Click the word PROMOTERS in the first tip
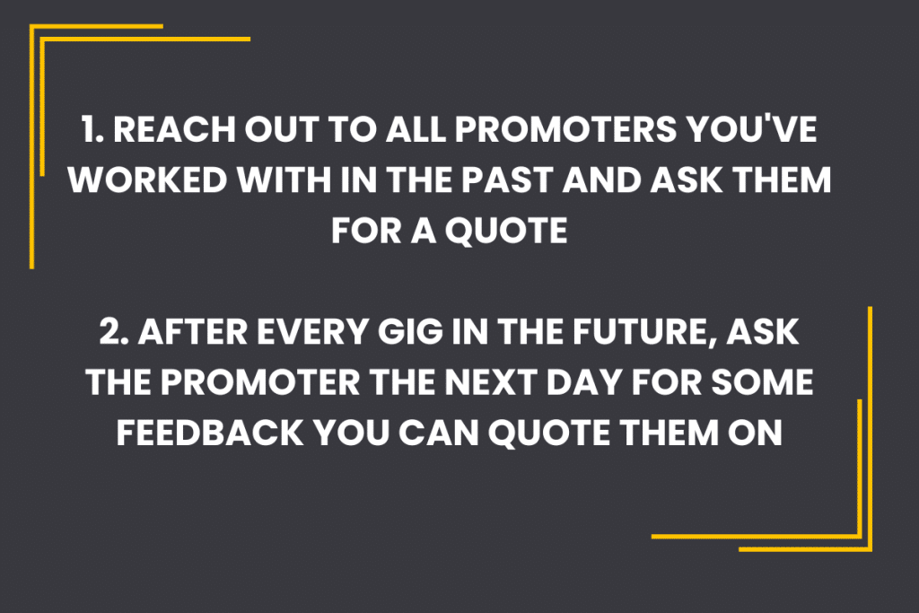(565, 129)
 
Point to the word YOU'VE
(751, 129)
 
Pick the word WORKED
(148, 180)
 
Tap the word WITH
(284, 180)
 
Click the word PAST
(507, 180)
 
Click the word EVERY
(312, 332)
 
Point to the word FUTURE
(644, 333)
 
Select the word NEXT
(491, 382)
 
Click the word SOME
(763, 382)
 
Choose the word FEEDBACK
(210, 433)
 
